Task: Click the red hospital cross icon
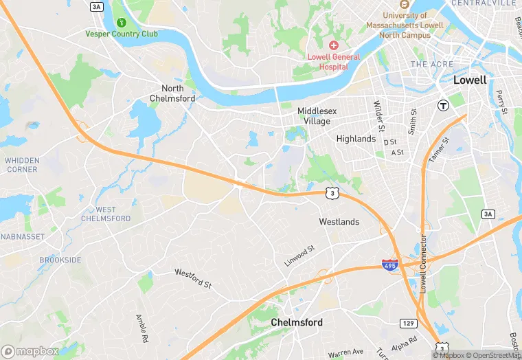333,45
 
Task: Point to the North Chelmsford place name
172,93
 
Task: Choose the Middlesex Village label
314,116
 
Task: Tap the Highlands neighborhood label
356,139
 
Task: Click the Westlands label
339,222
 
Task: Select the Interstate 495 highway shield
389,265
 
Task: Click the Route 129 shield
408,323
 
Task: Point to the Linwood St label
299,256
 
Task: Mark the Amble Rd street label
141,328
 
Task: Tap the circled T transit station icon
444,105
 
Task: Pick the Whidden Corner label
21,164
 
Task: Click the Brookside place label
60,260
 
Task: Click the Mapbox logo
30,351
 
